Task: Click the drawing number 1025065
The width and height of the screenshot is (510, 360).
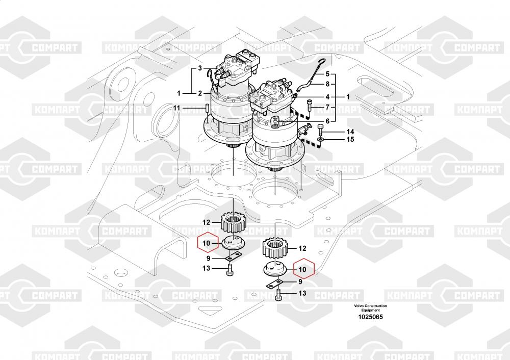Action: pyautogui.click(x=371, y=317)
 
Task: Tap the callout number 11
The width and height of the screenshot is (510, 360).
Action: pyautogui.click(x=176, y=108)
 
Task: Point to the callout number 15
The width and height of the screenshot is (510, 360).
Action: pyautogui.click(x=336, y=139)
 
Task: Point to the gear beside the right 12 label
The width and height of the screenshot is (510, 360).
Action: pyautogui.click(x=276, y=248)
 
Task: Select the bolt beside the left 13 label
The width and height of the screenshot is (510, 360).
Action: pyautogui.click(x=230, y=268)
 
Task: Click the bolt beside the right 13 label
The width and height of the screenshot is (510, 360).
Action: pyautogui.click(x=278, y=294)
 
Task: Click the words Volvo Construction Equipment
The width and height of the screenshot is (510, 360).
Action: pyautogui.click(x=371, y=307)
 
